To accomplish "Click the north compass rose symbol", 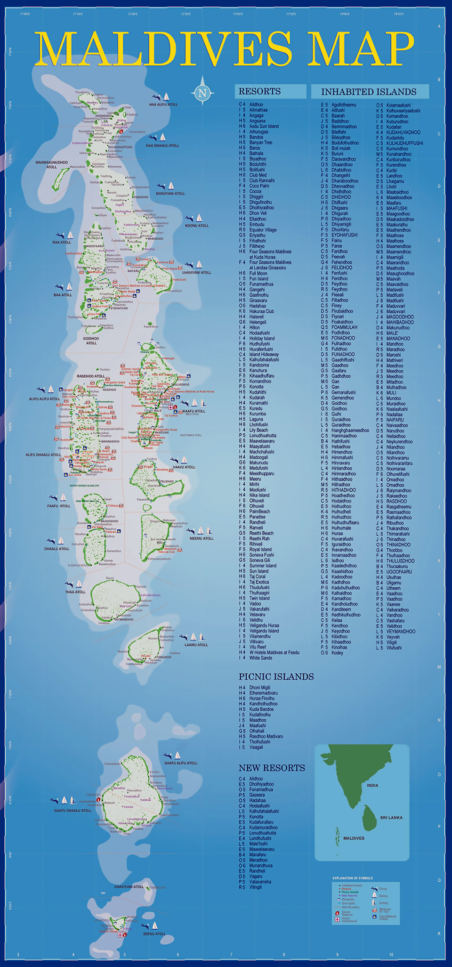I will (x=202, y=92).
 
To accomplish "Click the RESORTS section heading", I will (x=259, y=91).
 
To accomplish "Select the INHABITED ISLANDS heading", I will (x=369, y=92).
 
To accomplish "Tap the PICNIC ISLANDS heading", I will (x=276, y=677).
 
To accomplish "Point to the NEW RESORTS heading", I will (x=272, y=768).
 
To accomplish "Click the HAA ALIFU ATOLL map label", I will (x=163, y=105).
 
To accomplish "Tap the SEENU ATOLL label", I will (x=154, y=934).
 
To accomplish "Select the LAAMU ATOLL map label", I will (x=196, y=645).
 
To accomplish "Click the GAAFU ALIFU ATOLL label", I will (x=181, y=763).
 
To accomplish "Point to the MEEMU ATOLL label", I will (x=202, y=538).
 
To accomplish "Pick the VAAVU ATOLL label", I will (x=184, y=467).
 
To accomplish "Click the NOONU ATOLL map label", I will (x=197, y=226).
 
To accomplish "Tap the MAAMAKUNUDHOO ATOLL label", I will (x=52, y=164).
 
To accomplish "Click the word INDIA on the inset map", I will (x=372, y=786).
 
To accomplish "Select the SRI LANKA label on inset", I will (x=391, y=818).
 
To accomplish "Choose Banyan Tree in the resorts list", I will (x=260, y=142).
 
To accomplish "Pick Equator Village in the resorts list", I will (x=263, y=230).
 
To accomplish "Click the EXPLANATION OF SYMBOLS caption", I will (x=352, y=878).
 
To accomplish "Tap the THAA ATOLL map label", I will (x=75, y=592).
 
